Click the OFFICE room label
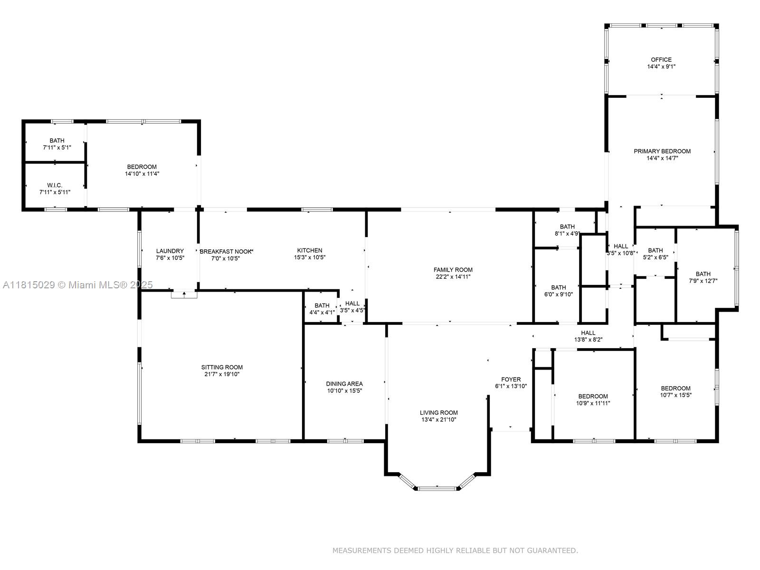661,60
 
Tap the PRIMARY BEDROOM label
662,152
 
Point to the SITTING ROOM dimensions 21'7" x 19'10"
222,374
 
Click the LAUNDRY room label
170,251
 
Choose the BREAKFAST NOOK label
226,251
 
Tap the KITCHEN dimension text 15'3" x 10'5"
310,257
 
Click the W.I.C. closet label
55,185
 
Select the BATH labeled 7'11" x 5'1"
57,141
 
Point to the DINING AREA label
344,384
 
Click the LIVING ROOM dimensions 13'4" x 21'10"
438,420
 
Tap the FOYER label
511,380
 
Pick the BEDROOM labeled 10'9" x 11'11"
593,396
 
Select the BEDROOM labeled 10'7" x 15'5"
675,388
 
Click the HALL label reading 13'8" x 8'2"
588,333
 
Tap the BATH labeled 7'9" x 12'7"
703,274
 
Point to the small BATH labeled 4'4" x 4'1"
322,305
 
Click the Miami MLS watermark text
78,285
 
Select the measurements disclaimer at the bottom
455,551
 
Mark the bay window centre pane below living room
437,488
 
